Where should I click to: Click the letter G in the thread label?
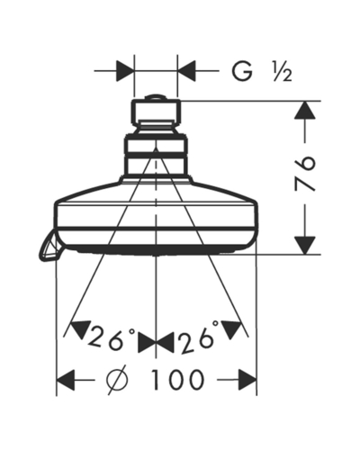242,71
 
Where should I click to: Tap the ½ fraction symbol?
282,72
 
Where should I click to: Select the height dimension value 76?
305,174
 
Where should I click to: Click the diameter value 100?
177,380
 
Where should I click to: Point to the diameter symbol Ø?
117,380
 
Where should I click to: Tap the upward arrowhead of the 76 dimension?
305,110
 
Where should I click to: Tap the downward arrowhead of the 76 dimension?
305,246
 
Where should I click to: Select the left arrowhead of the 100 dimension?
66,380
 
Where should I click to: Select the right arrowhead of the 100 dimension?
247,380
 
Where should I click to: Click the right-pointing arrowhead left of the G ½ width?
125,71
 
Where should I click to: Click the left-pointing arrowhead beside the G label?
186,71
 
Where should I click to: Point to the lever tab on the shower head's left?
49,247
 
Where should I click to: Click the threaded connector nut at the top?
156,112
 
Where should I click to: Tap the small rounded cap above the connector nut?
156,97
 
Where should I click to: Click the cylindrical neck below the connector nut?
156,155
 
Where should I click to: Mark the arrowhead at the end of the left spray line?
78,329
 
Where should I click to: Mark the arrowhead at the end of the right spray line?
231,328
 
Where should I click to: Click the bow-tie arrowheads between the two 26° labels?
156,342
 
